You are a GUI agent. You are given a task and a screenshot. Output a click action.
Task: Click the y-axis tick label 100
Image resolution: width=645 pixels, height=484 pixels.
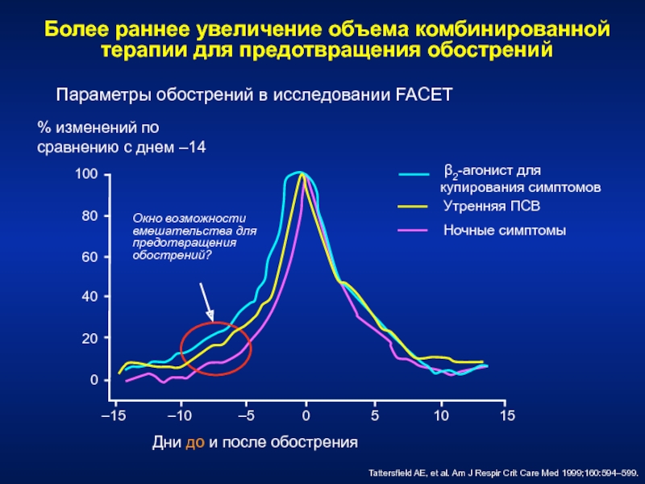click(x=86, y=175)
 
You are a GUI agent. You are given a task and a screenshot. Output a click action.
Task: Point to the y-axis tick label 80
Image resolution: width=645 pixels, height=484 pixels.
click(x=89, y=216)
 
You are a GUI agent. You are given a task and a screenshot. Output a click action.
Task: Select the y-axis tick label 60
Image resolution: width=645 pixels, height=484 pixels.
click(x=89, y=257)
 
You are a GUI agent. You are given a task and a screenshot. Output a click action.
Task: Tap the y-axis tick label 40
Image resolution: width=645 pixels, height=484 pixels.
click(x=89, y=297)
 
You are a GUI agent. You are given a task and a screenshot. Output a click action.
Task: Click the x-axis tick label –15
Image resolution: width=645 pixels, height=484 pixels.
click(x=114, y=415)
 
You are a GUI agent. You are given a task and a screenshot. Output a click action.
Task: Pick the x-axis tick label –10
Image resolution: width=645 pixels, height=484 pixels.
click(x=181, y=415)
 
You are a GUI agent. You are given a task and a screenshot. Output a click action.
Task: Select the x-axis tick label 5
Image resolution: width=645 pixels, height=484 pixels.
click(x=374, y=415)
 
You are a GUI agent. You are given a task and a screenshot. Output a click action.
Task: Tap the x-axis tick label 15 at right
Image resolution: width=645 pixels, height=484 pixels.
click(x=507, y=415)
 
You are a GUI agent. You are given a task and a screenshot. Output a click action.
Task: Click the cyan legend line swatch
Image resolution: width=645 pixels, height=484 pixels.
click(x=417, y=173)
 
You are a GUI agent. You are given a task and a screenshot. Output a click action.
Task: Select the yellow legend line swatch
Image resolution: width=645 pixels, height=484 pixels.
click(x=417, y=207)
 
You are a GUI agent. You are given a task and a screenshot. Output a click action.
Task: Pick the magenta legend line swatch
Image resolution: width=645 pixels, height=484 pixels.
click(x=417, y=231)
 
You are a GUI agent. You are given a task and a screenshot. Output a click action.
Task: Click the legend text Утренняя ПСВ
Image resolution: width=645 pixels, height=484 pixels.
click(x=491, y=207)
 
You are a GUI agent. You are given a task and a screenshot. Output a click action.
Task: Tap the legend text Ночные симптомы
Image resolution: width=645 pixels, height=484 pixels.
click(x=505, y=231)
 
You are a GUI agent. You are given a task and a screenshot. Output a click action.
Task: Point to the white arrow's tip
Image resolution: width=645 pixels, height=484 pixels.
click(x=213, y=320)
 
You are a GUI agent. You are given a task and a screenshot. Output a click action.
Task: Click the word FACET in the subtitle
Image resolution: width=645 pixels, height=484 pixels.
click(x=425, y=95)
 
